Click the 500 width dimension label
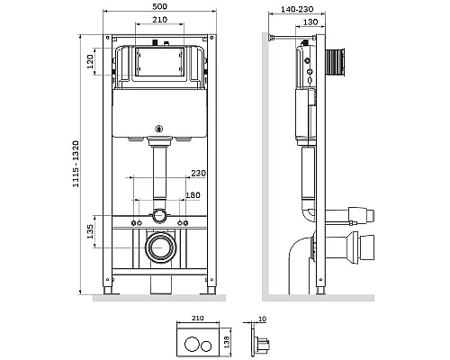(160, 6)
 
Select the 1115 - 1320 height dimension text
(76, 164)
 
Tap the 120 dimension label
(90, 61)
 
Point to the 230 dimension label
(199, 173)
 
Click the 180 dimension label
(193, 195)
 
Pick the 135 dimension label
(90, 231)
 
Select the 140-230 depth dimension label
(297, 9)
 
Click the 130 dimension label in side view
(310, 22)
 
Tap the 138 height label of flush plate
(227, 342)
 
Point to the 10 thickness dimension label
(262, 319)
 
